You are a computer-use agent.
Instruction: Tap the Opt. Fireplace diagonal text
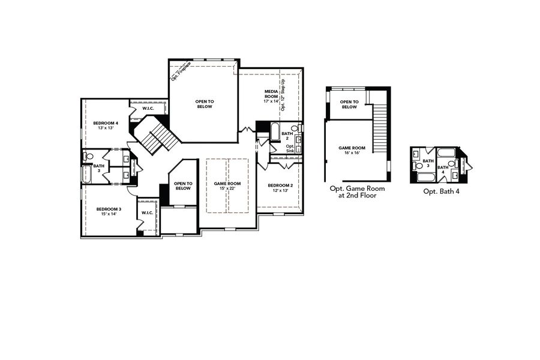point(181,70)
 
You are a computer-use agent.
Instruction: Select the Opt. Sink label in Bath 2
point(290,148)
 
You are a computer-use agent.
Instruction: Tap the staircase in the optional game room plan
point(380,129)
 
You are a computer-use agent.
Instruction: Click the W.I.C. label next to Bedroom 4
point(149,109)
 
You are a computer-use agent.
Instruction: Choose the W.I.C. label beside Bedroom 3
point(148,213)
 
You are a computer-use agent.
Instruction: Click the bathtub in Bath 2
point(275,131)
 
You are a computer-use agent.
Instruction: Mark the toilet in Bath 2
point(295,128)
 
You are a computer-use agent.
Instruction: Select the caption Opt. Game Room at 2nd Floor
point(358,191)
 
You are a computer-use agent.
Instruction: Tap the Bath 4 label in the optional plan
point(443,170)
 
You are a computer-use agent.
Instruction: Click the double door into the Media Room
point(245,130)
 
